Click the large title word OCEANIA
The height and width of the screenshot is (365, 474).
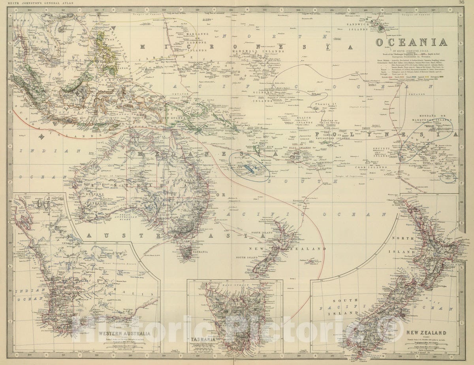tap(411, 42)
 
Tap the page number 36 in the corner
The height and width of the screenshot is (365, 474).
tap(461, 2)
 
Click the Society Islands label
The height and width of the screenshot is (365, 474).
tap(382, 152)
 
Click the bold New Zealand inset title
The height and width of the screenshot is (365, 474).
tap(427, 333)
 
